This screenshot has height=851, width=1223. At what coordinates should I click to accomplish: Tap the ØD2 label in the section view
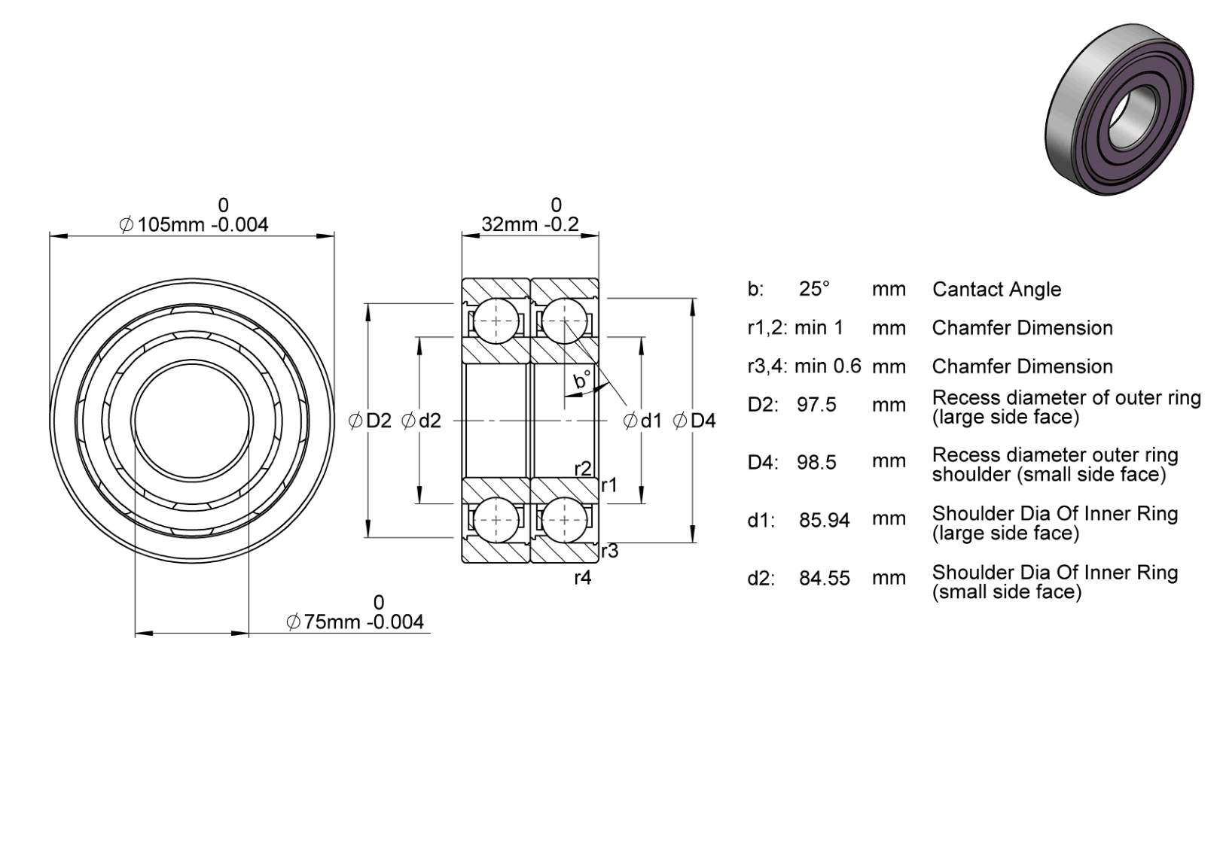pos(371,421)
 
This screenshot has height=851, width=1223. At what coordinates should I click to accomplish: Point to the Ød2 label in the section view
pos(421,421)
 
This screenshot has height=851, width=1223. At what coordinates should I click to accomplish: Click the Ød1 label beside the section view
pos(642,421)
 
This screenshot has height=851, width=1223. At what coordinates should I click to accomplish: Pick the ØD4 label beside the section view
pos(694,421)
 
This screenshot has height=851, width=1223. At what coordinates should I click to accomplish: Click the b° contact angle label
pos(582,380)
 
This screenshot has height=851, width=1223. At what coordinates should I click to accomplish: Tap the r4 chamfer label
pos(583,578)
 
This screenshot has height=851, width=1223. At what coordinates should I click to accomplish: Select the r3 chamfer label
pos(610,551)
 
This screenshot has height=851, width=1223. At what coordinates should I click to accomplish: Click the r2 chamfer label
pos(583,469)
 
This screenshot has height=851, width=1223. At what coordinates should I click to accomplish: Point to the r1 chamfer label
pos(608,485)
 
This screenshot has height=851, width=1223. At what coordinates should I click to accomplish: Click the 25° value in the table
pos(814,289)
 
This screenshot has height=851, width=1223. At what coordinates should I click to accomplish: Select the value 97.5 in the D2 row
pos(816,405)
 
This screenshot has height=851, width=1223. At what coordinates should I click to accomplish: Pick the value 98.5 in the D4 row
pos(816,463)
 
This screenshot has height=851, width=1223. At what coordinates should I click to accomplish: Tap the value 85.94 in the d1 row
pos(825,521)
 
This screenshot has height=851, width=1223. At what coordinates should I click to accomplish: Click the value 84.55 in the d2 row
pos(825,578)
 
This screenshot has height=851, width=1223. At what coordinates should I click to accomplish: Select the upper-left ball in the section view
pos(496,321)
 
